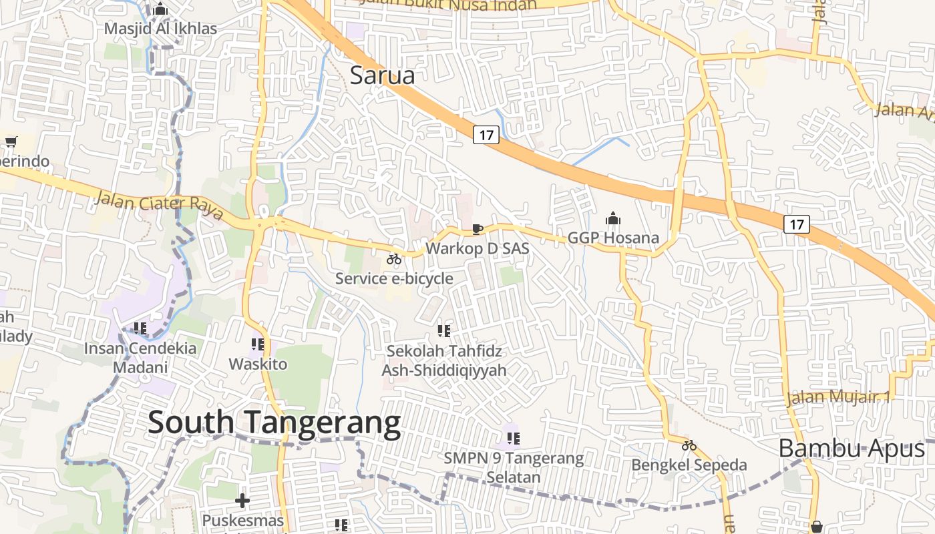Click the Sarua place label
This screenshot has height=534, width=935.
[x=382, y=75]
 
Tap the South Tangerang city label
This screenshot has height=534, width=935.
[x=274, y=423]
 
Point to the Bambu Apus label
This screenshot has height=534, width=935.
[x=852, y=449]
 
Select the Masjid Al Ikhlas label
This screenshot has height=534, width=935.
[x=161, y=29]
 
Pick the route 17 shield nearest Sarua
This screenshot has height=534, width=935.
[x=486, y=135]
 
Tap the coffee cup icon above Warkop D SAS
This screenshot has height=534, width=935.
[x=478, y=230]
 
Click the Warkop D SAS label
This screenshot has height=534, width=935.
[x=477, y=248]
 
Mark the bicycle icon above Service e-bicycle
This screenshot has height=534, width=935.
[x=394, y=259]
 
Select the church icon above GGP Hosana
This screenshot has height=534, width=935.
[x=612, y=218]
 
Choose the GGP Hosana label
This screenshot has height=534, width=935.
[x=612, y=238]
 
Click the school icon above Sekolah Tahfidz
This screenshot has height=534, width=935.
[x=443, y=330]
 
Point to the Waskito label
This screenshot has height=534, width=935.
[x=258, y=364]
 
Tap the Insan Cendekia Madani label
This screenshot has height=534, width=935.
[x=140, y=357]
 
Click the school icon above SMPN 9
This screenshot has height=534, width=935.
[x=513, y=439]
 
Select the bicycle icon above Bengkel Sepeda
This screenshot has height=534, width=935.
[x=689, y=445]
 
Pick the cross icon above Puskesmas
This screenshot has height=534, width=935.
[x=242, y=500]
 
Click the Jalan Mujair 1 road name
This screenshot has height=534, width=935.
[x=838, y=397]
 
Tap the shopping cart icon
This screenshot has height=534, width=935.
[x=11, y=142]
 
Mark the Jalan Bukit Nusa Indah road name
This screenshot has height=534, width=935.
[x=447, y=5]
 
